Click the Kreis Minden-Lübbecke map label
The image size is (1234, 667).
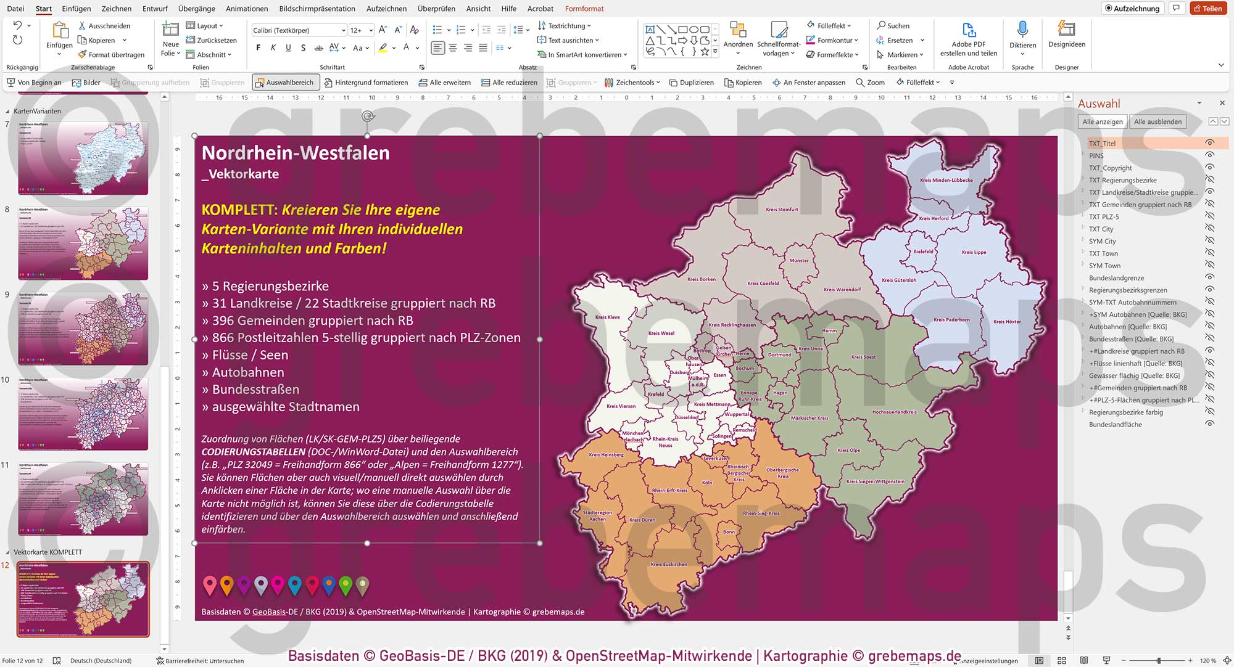[x=946, y=180]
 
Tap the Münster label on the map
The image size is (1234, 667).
[x=798, y=260]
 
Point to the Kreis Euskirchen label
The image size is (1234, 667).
[x=668, y=564]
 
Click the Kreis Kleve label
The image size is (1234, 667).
[x=607, y=317]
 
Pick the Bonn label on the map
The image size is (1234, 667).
[x=729, y=531]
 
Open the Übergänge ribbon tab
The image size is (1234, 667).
[x=196, y=9]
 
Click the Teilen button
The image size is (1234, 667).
[x=1207, y=9]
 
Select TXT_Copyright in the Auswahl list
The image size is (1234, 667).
[x=1110, y=168]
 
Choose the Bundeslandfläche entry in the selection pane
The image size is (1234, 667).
[x=1115, y=424]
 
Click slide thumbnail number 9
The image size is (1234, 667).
[x=83, y=328]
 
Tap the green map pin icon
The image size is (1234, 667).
[x=346, y=584]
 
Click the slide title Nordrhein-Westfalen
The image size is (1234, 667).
[x=296, y=153]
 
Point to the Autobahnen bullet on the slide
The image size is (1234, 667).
[x=247, y=372]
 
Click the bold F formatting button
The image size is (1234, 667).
[x=258, y=47]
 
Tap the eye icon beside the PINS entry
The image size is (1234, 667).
[x=1209, y=155]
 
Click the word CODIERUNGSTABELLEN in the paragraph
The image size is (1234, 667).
[x=253, y=452]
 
